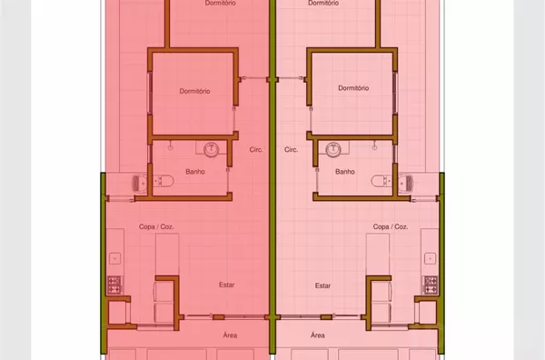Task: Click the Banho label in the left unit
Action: coord(195,172)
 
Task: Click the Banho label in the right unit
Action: coord(345,172)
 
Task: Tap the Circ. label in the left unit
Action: coord(256,150)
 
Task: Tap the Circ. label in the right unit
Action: coord(291,150)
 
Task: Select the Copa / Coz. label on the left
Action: coord(156,226)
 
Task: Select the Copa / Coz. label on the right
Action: coord(391,226)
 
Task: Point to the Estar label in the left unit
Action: coord(226,285)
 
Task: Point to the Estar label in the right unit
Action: coord(322,285)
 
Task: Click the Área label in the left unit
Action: coord(230,335)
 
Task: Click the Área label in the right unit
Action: coord(318,335)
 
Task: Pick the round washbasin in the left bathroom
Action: coord(211,150)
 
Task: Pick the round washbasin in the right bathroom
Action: coord(333,150)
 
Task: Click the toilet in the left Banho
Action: coord(163,181)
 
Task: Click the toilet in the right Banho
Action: coord(381,181)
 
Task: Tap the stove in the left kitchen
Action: coord(114,285)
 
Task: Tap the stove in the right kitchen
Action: coord(431,285)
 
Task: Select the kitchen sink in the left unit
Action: coord(114,258)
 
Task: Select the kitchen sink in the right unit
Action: coord(430,258)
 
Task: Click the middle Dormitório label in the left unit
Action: coord(194,91)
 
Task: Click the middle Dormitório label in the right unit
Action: coord(353,88)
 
